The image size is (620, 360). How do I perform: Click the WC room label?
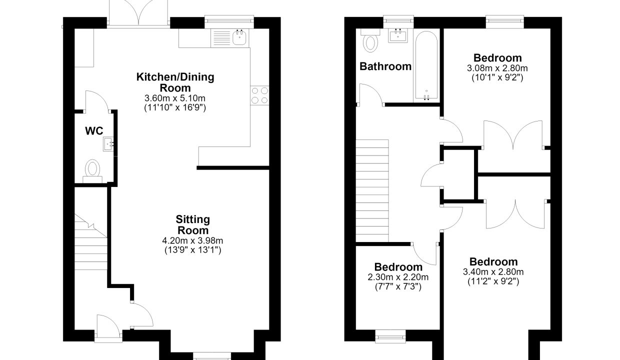click(x=94, y=131)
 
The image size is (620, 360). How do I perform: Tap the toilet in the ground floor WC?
click(x=92, y=171)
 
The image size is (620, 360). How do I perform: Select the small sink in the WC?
click(x=108, y=143)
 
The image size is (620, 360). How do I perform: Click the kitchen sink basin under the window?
click(x=239, y=37)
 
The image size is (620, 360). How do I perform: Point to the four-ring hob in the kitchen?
click(x=259, y=95)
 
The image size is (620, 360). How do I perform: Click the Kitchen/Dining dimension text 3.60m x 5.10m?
click(x=175, y=98)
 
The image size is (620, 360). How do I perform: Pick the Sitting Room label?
click(x=193, y=224)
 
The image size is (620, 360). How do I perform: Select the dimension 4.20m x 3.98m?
click(x=192, y=240)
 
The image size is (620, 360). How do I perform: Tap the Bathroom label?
click(x=385, y=66)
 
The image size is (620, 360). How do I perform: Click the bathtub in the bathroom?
click(x=426, y=65)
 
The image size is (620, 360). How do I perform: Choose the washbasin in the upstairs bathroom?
click(x=397, y=35)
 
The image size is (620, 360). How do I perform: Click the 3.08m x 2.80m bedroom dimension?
click(x=497, y=68)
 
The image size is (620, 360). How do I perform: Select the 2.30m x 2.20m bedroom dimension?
click(x=398, y=277)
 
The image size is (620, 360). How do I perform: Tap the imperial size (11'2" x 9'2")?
click(x=493, y=281)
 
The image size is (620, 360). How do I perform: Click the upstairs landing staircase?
click(x=372, y=190)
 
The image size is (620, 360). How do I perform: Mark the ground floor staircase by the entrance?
click(x=91, y=242)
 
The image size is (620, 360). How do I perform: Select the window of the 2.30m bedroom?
click(x=390, y=336)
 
